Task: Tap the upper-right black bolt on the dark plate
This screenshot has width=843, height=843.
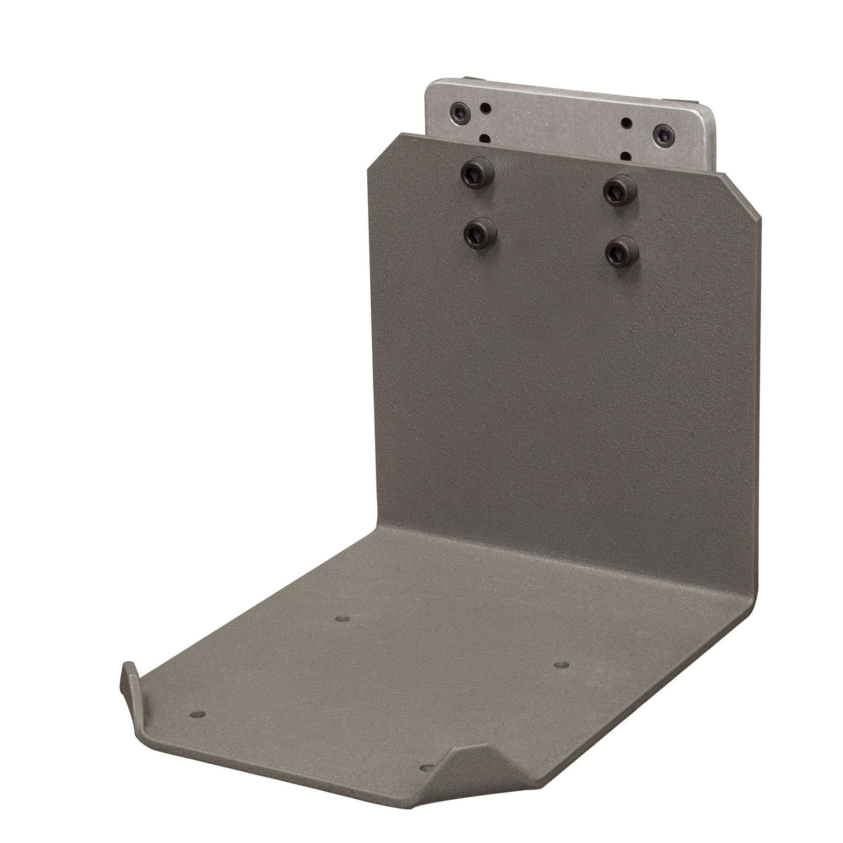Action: pos(616,187)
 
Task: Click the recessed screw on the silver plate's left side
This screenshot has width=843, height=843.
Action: pos(460,110)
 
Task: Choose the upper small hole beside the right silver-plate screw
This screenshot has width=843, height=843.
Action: pos(627,122)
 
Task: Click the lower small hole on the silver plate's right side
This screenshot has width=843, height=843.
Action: pos(626,154)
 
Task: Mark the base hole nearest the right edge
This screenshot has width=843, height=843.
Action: pos(560,665)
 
